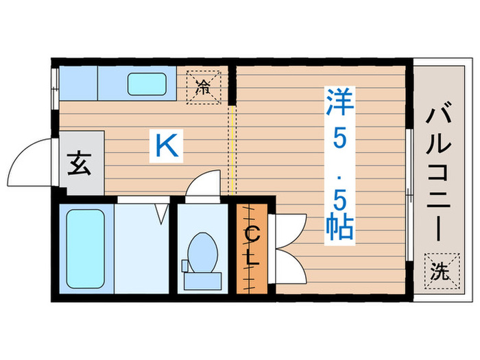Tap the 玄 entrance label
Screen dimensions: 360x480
point(80,165)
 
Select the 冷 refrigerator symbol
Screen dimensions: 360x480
point(204,87)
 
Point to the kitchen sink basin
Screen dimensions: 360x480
point(147,83)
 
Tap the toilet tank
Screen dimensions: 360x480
point(202,280)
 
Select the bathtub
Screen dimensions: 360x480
point(86,249)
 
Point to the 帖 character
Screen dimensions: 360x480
point(338,226)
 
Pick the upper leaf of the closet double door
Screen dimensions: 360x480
point(289,228)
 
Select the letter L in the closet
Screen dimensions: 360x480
point(252,261)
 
